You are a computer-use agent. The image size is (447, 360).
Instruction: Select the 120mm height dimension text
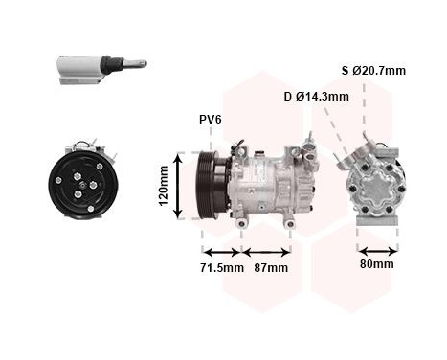164,186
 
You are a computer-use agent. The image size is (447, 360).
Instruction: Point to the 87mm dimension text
269,267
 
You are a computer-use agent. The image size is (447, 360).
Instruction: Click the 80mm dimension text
377,263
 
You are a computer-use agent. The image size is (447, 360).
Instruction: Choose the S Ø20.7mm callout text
373,70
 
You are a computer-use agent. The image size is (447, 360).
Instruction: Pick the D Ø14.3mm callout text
316,96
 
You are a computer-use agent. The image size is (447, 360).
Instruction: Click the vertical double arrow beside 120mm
178,185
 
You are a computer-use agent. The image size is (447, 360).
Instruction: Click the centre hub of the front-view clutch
83,183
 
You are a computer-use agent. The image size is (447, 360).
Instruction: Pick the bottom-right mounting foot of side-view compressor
291,223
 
